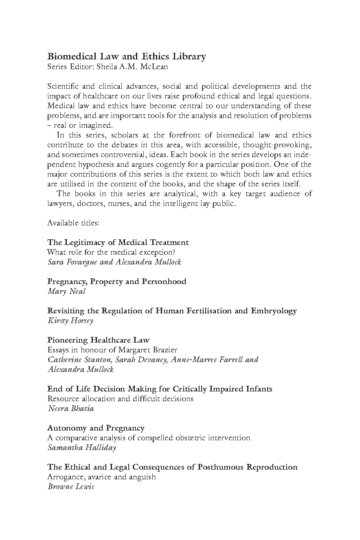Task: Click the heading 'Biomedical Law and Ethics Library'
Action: click(x=127, y=57)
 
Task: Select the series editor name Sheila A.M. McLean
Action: click(x=132, y=67)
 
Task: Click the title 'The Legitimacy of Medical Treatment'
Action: click(x=118, y=242)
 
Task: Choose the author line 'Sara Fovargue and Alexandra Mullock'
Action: click(x=114, y=262)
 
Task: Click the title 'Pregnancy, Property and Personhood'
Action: click(x=117, y=281)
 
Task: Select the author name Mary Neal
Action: click(x=66, y=291)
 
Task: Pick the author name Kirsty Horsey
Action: click(x=70, y=320)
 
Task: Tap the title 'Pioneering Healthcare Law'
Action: click(x=98, y=340)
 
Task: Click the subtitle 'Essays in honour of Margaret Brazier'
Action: click(x=112, y=350)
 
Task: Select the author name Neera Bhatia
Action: click(x=71, y=408)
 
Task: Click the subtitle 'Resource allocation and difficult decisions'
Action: click(x=121, y=398)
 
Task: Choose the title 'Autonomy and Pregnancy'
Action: click(x=96, y=428)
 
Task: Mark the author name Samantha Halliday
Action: click(x=82, y=447)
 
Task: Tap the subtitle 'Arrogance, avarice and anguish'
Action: click(x=101, y=477)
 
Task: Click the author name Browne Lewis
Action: click(x=71, y=486)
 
